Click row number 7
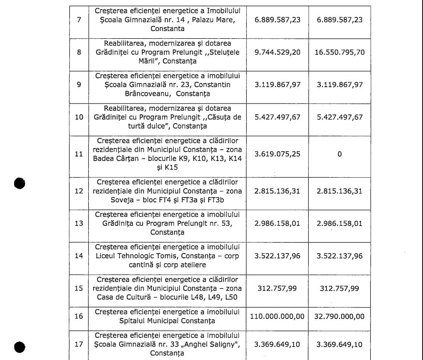(78, 20)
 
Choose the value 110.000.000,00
(277, 316)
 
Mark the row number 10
(79, 117)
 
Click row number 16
(78, 316)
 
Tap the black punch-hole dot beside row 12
(19, 183)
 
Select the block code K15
(169, 167)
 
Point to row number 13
(78, 223)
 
